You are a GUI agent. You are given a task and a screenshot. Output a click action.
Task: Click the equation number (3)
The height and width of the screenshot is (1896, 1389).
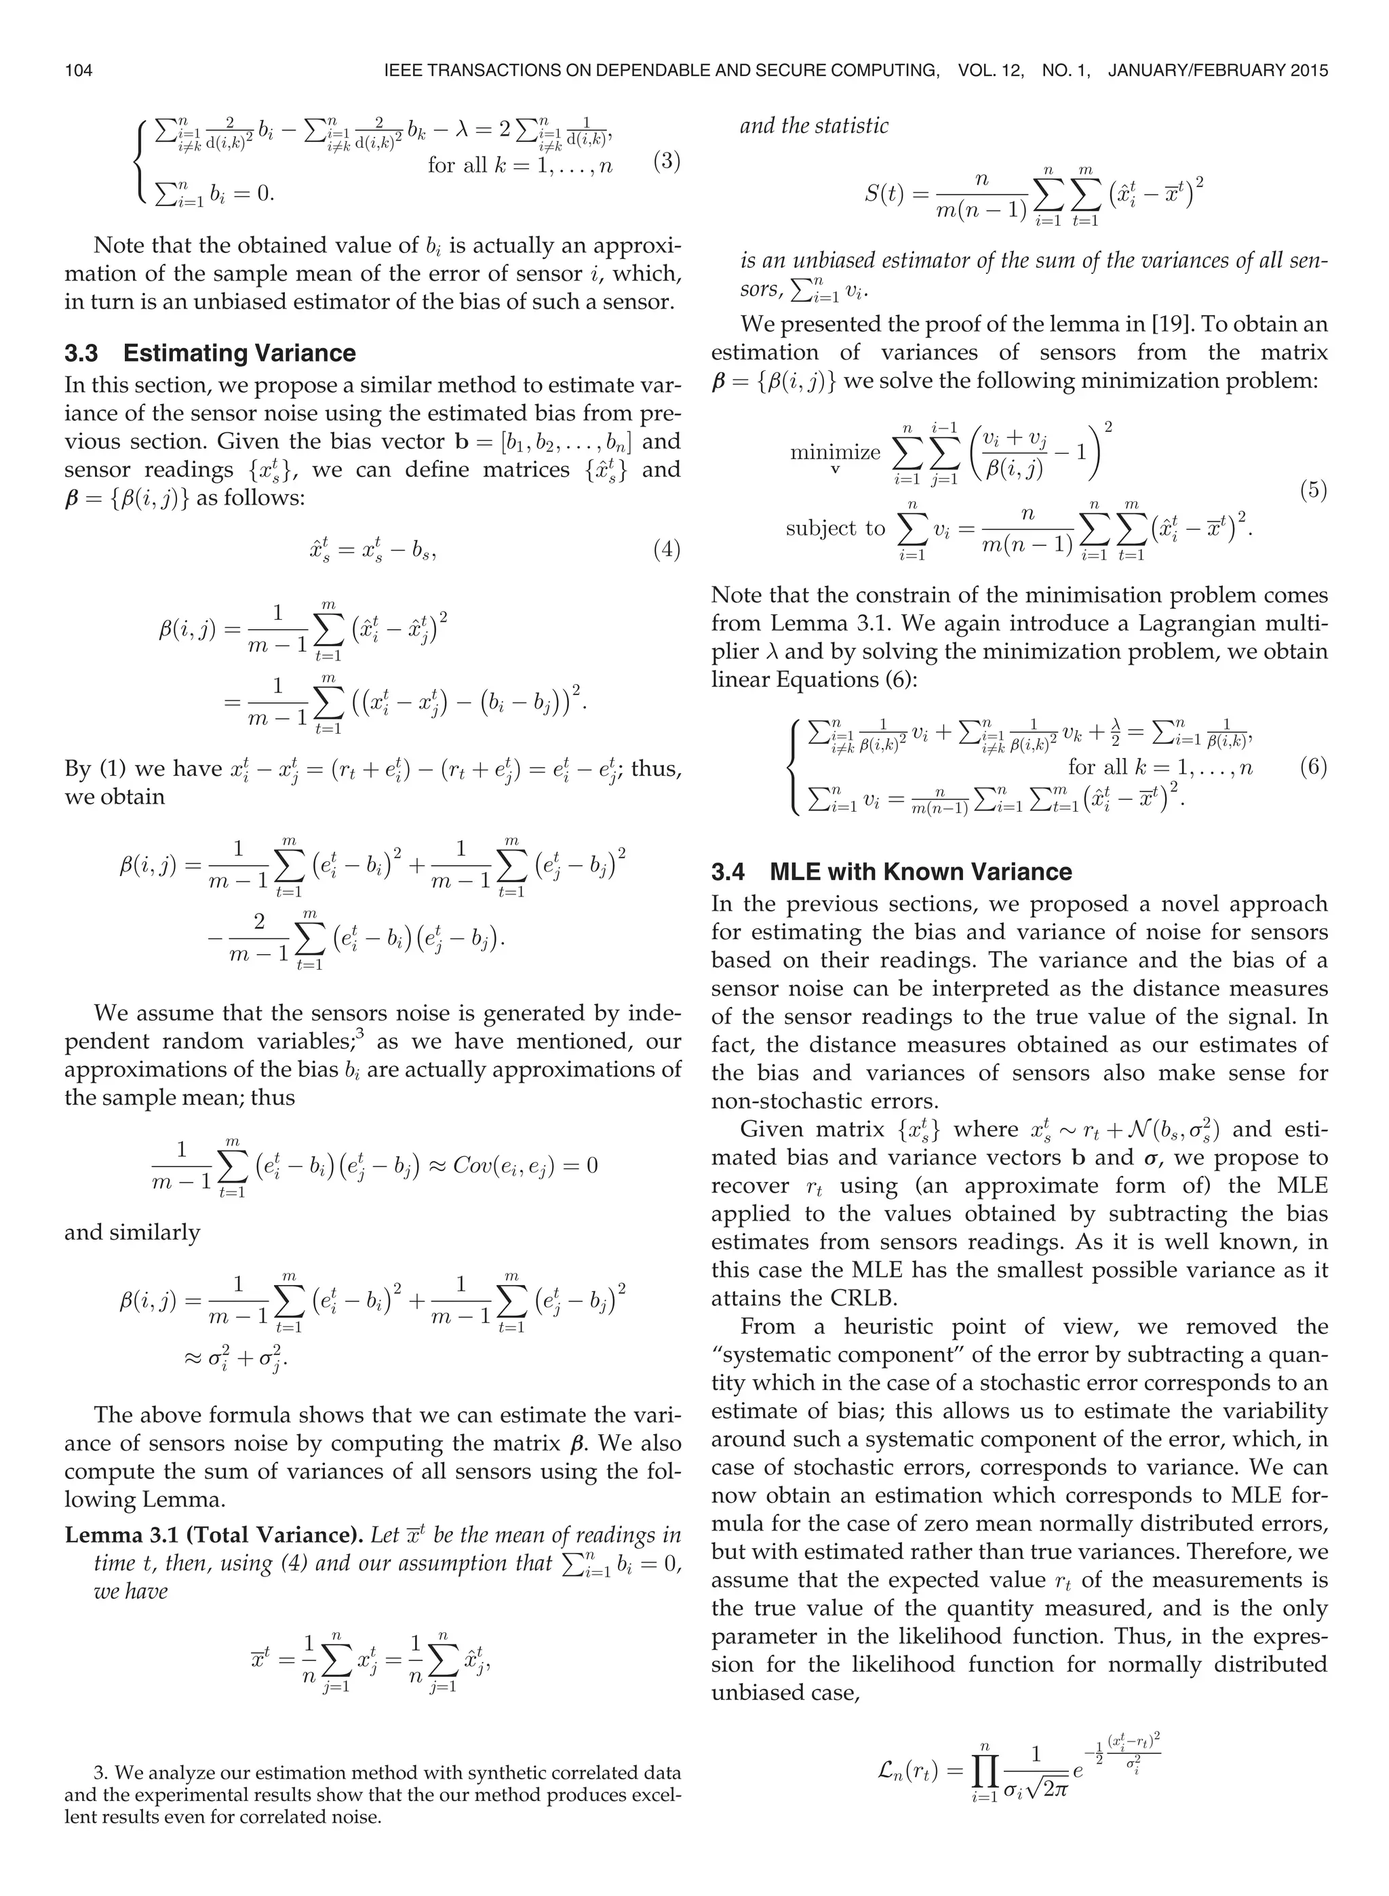coord(666,161)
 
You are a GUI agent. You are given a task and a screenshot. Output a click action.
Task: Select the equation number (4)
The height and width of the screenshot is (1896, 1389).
coord(666,550)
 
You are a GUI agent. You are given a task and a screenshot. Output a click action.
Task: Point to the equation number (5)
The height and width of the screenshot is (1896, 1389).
coord(1313,490)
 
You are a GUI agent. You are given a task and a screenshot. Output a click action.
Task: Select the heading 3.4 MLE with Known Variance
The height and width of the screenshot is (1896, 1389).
coord(891,871)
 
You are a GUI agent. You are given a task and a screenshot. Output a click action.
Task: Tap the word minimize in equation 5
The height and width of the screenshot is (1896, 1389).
coord(834,452)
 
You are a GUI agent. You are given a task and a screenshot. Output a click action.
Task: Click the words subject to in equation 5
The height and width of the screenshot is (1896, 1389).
coord(835,528)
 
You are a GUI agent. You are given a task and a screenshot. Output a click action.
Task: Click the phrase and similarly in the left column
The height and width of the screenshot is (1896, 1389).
coord(132,1232)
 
